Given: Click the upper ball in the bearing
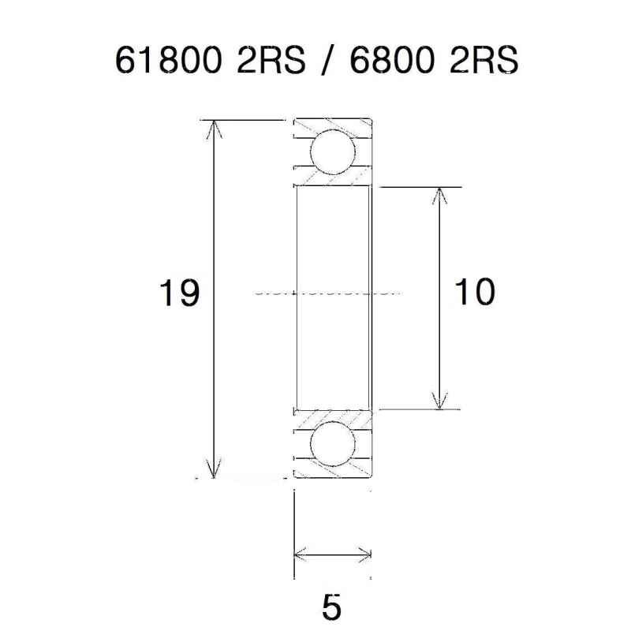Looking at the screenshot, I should point(332,153).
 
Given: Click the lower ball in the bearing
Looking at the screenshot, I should point(332,444).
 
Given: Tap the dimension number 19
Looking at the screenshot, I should point(177,293).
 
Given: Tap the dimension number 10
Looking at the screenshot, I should point(475,293).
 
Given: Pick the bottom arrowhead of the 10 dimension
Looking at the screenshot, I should point(439,402).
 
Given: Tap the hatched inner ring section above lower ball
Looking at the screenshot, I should point(331,416).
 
